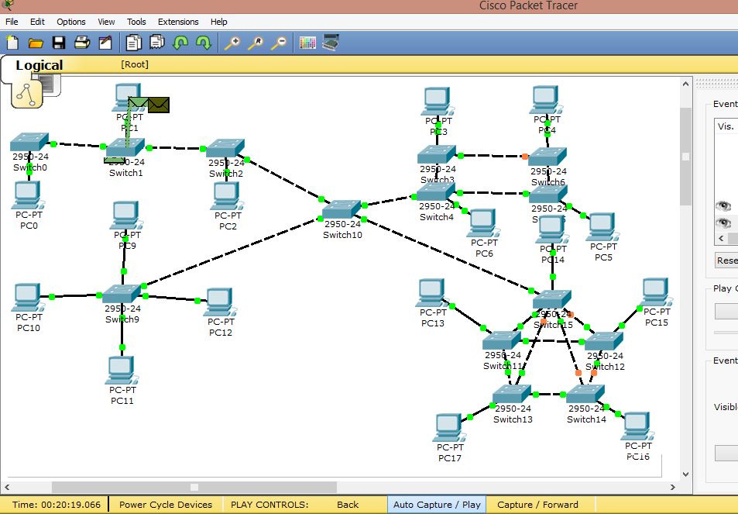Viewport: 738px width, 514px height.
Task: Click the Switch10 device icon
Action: click(x=342, y=209)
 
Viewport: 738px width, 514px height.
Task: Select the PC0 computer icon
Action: click(x=27, y=194)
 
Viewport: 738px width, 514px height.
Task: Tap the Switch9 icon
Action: click(x=122, y=294)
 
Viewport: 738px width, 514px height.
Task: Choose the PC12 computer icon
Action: click(x=219, y=302)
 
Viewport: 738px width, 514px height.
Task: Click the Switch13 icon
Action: click(x=512, y=395)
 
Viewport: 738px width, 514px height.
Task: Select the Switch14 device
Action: click(x=585, y=395)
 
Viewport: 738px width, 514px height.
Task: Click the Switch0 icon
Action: click(x=29, y=143)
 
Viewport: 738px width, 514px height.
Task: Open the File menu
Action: click(x=12, y=22)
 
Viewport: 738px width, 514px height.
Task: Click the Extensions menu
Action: click(x=178, y=22)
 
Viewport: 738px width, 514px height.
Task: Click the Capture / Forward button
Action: click(x=537, y=505)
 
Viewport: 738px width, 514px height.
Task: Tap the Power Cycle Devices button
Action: click(x=166, y=505)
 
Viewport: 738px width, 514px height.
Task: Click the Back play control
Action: click(x=348, y=505)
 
